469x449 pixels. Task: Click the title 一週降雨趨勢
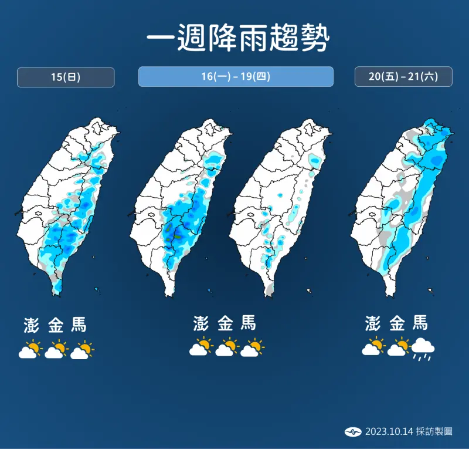pyautogui.click(x=235, y=39)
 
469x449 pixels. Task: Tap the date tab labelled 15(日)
pyautogui.click(x=66, y=77)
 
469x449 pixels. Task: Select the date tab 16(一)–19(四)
pyautogui.click(x=236, y=77)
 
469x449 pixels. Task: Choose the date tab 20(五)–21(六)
pyautogui.click(x=403, y=77)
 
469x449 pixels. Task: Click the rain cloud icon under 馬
pyautogui.click(x=423, y=350)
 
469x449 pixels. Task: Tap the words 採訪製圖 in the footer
pyautogui.click(x=434, y=431)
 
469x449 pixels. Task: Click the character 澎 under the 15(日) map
pyautogui.click(x=31, y=324)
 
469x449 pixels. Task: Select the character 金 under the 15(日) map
pyautogui.click(x=56, y=324)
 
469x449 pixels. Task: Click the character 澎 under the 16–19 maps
pyautogui.click(x=200, y=323)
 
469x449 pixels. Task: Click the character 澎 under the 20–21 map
pyautogui.click(x=372, y=323)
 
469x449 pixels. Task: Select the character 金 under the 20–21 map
pyautogui.click(x=397, y=323)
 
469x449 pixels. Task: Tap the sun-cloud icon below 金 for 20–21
pyautogui.click(x=398, y=347)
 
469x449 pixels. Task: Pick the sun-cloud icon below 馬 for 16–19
pyautogui.click(x=252, y=348)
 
